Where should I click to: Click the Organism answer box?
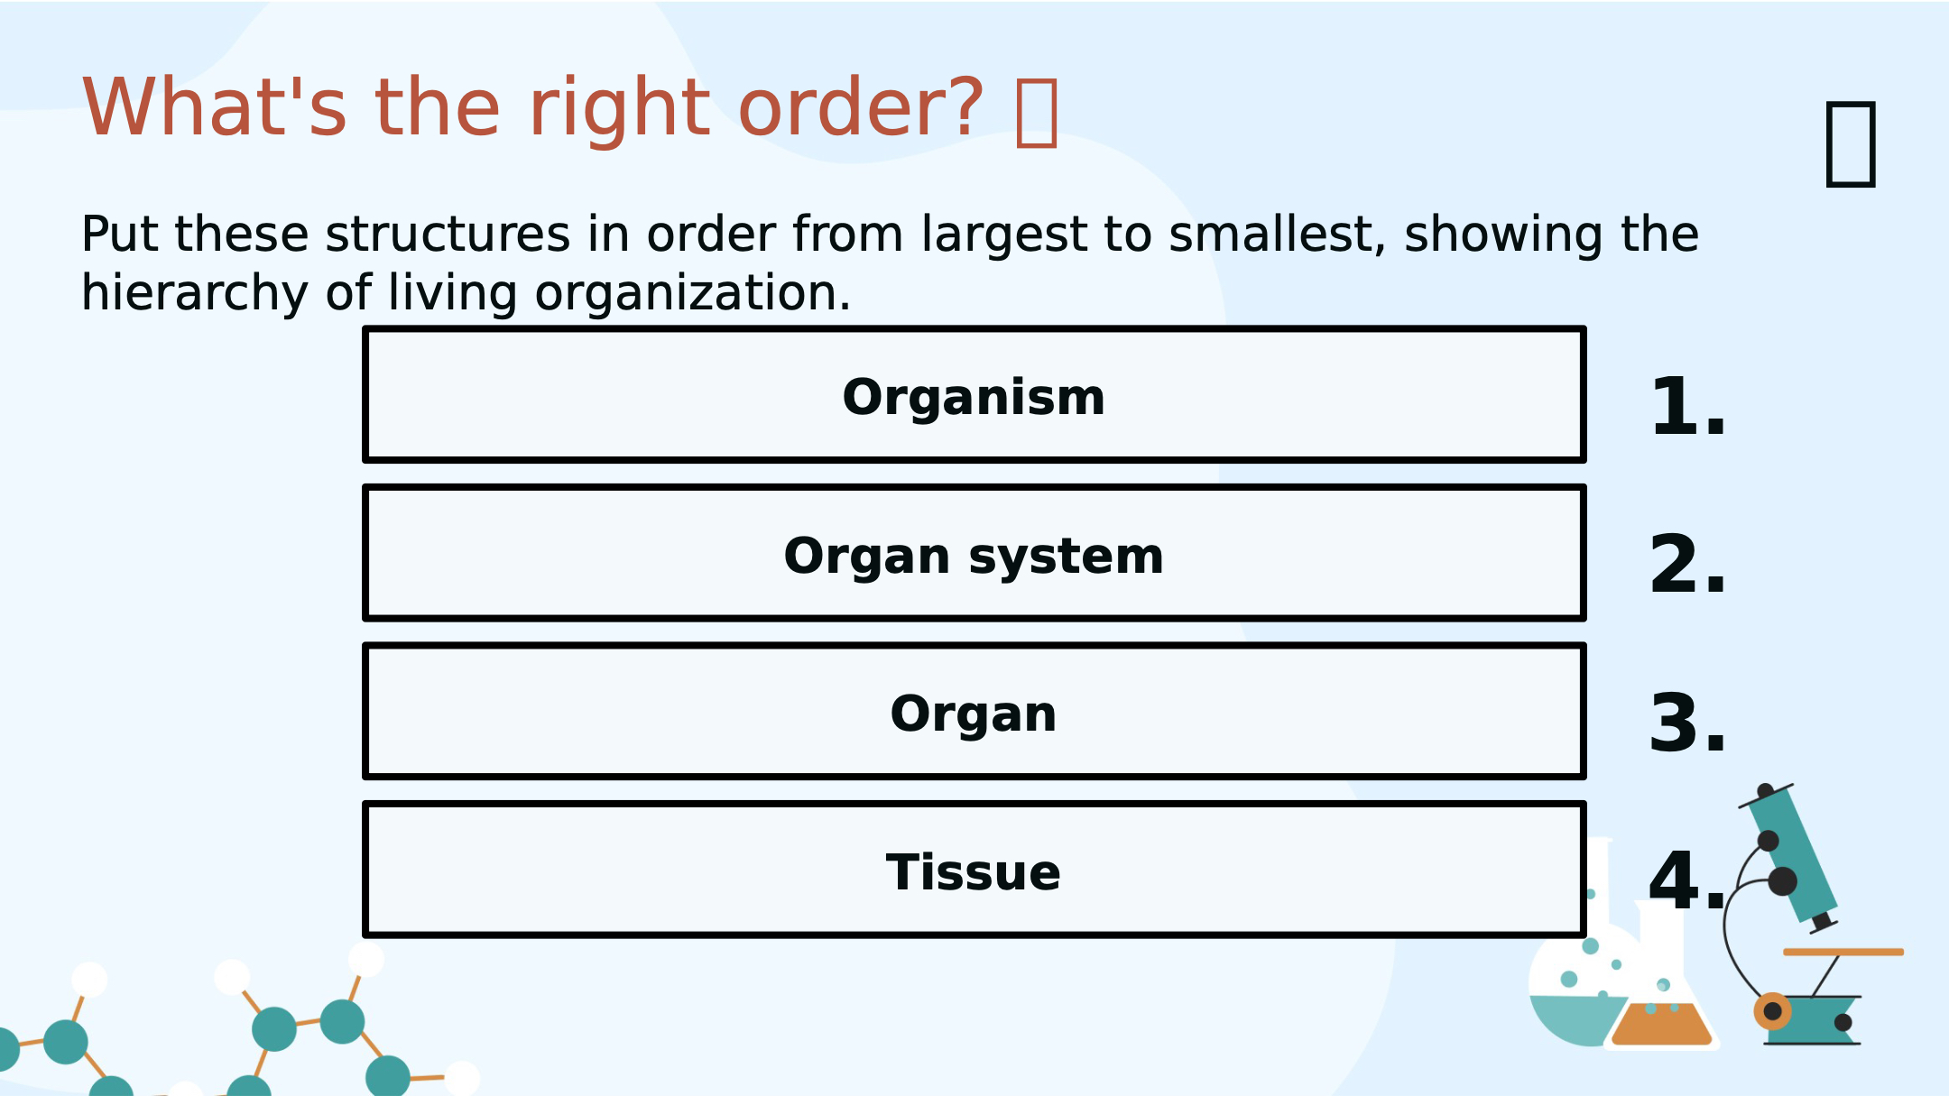pyautogui.click(x=974, y=395)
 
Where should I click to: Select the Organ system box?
pyautogui.click(x=974, y=553)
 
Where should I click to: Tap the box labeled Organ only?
pyautogui.click(x=974, y=711)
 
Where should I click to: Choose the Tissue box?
pyautogui.click(x=974, y=870)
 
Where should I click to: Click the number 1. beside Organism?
pyautogui.click(x=1687, y=407)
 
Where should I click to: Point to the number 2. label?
pyautogui.click(x=1687, y=565)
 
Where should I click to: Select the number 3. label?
pyautogui.click(x=1687, y=723)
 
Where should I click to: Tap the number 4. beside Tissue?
pyautogui.click(x=1687, y=881)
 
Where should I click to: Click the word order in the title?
pyautogui.click(x=860, y=107)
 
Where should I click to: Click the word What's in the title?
pyautogui.click(x=214, y=107)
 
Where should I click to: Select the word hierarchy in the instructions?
pyautogui.click(x=195, y=295)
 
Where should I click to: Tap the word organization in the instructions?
pyautogui.click(x=692, y=295)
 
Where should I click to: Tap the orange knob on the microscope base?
pyautogui.click(x=1772, y=1011)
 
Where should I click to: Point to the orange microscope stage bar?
pyautogui.click(x=1843, y=952)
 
